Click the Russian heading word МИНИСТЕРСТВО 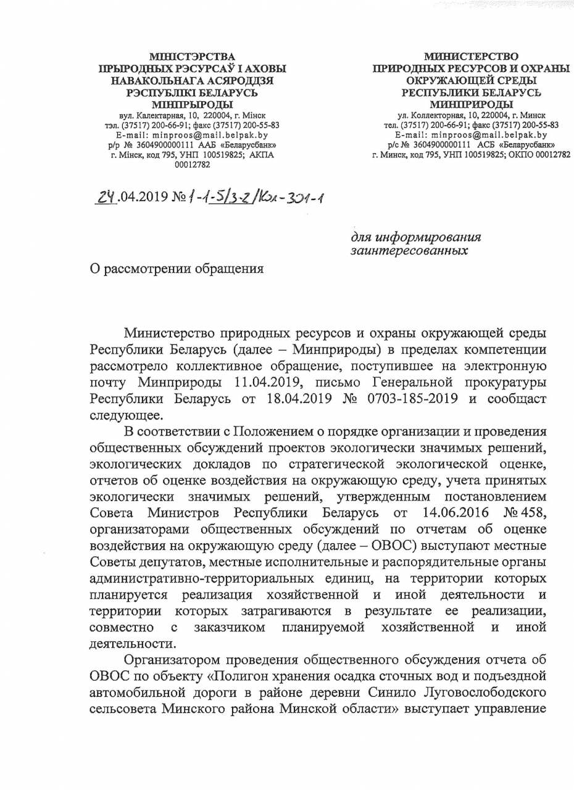471,57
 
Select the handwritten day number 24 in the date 106,197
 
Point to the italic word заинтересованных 409,251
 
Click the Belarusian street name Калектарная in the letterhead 163,115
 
